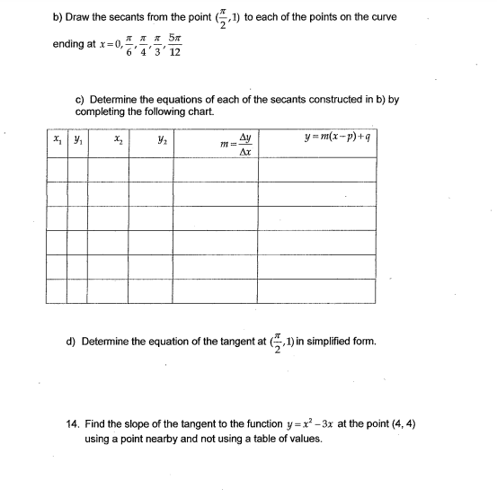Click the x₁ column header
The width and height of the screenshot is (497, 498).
58,141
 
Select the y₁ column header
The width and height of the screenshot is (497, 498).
78,141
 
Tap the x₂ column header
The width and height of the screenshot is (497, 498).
119,141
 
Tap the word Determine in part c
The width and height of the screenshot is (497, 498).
116,100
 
